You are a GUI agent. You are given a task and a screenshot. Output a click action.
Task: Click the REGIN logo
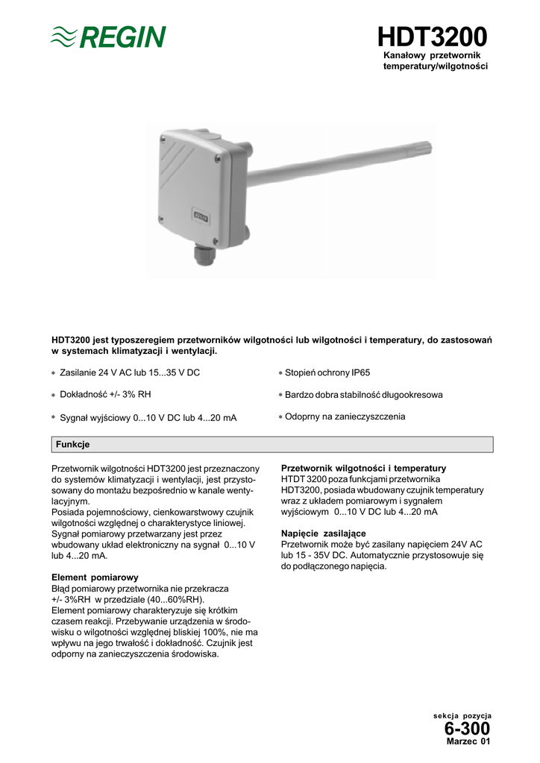coord(108,36)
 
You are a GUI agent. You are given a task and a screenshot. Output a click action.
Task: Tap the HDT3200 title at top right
coord(432,37)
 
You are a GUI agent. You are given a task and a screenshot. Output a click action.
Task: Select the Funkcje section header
coord(72,444)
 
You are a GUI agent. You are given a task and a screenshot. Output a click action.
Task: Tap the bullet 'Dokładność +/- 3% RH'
coord(110,394)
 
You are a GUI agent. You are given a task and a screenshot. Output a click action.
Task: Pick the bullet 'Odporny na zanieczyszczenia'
coord(345,417)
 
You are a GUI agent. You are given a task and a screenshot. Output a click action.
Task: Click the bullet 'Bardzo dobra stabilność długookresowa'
coord(364,394)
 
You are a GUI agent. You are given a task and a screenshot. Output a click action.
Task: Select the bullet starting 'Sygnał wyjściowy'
coord(148,418)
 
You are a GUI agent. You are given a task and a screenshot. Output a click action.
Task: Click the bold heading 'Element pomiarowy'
coord(95,577)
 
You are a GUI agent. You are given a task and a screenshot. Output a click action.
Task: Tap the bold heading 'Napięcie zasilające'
coord(323,534)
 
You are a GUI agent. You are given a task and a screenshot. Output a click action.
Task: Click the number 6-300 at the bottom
coord(467,728)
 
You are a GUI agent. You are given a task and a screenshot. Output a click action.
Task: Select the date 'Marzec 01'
coord(468,741)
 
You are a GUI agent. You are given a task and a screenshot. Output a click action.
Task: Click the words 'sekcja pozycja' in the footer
coord(462,715)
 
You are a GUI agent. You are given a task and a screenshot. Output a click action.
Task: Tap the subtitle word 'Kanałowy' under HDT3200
coord(409,56)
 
